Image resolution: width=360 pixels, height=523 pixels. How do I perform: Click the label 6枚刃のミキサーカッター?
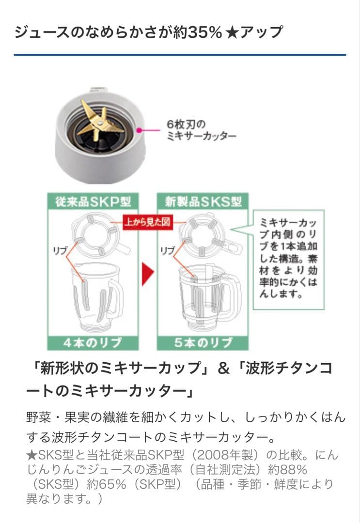click(x=201, y=130)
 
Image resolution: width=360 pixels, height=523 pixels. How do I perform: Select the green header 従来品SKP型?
click(x=93, y=201)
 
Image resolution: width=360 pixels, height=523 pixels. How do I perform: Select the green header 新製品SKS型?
click(x=203, y=201)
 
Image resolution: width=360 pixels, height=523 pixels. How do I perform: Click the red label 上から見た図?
click(x=147, y=222)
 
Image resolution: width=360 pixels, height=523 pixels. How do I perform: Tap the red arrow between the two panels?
click(x=147, y=274)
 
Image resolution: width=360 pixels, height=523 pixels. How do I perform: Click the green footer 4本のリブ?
click(x=93, y=343)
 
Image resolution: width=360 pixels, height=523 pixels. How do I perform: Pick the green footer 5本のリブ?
click(x=203, y=343)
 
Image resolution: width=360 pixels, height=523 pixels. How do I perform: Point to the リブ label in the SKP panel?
click(x=60, y=250)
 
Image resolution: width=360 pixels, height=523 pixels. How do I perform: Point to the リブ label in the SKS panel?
click(x=167, y=250)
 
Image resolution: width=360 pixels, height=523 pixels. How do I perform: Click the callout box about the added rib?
click(x=289, y=259)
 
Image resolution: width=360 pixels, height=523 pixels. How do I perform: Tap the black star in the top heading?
click(x=232, y=33)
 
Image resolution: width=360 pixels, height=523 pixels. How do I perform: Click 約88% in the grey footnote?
click(x=287, y=470)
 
